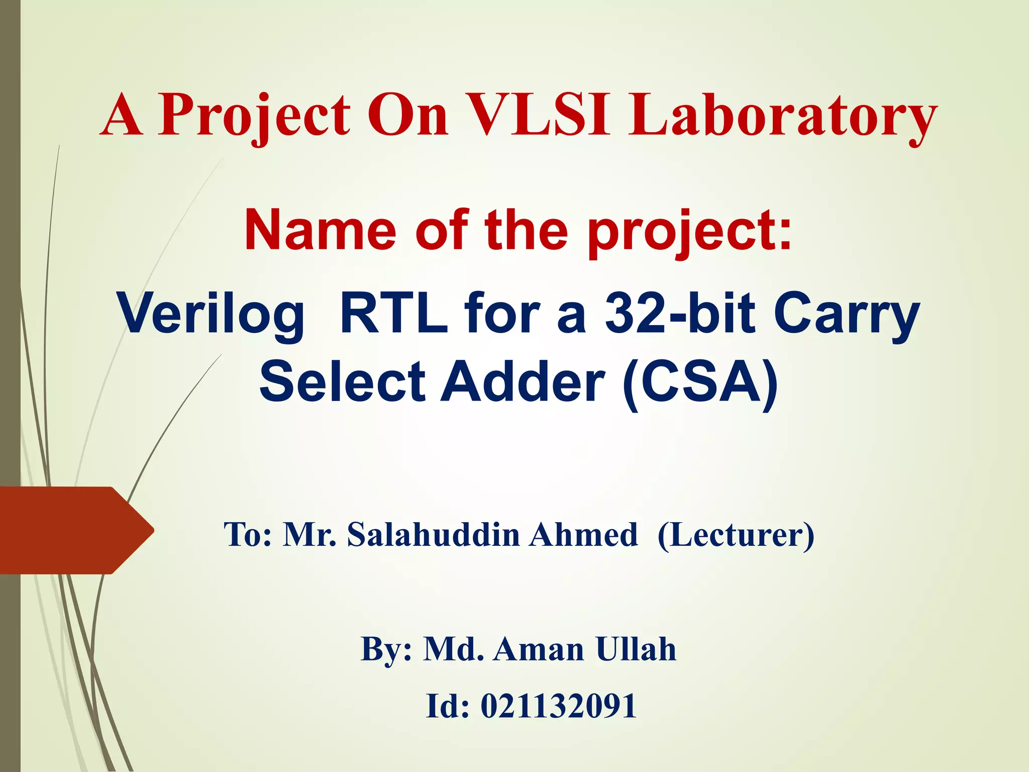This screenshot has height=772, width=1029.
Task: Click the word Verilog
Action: (211, 314)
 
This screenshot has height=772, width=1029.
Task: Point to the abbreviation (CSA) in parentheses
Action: (700, 383)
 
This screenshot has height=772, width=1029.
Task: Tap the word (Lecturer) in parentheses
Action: (736, 535)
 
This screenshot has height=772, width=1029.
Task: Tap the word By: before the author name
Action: (386, 649)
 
